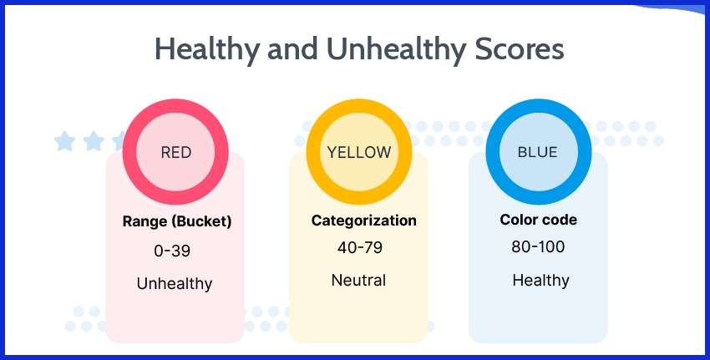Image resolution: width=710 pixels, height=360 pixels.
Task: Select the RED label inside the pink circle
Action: pyautogui.click(x=175, y=153)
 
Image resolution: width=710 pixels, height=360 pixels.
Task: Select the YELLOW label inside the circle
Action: pyautogui.click(x=358, y=153)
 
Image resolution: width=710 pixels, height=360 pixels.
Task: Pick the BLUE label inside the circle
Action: pyautogui.click(x=538, y=153)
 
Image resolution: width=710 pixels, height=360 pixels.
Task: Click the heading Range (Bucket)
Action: pyautogui.click(x=176, y=221)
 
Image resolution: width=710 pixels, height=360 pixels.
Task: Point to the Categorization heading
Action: pyautogui.click(x=363, y=221)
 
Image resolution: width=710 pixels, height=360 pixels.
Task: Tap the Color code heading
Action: pyautogui.click(x=538, y=221)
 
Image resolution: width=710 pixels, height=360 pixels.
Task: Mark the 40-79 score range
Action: pyautogui.click(x=358, y=248)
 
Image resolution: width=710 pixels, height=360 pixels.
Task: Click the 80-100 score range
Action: pyautogui.click(x=538, y=248)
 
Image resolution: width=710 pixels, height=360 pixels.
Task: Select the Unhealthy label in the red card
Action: pyautogui.click(x=175, y=284)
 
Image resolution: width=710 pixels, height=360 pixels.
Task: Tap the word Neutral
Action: pyautogui.click(x=358, y=280)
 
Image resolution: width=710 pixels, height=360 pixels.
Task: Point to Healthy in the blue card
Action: pyautogui.click(x=540, y=281)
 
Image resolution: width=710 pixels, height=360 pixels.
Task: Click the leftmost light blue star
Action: pyautogui.click(x=64, y=141)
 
